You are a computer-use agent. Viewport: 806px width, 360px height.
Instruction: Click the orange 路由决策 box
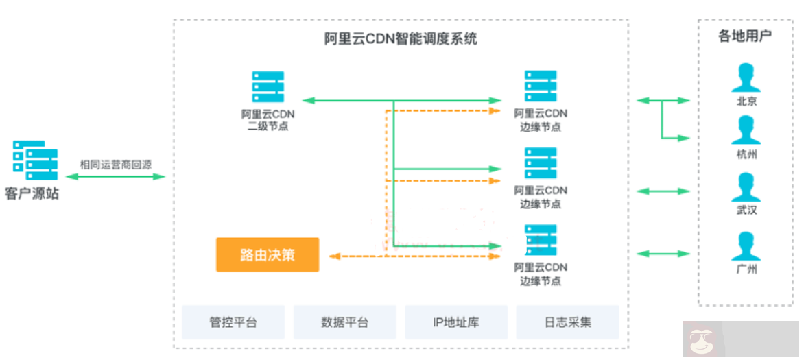click(x=268, y=254)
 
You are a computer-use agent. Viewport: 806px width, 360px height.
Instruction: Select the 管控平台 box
click(x=233, y=322)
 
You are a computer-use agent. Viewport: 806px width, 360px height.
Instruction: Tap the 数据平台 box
click(x=344, y=322)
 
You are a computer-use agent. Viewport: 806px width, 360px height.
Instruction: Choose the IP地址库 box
click(x=456, y=322)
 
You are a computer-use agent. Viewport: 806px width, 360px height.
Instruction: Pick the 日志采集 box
click(x=567, y=322)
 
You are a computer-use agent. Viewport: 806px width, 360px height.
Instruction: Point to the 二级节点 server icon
click(x=268, y=87)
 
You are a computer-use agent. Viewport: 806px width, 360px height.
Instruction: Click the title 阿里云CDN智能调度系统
click(x=401, y=39)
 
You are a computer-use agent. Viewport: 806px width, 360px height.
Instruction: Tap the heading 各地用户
click(x=745, y=36)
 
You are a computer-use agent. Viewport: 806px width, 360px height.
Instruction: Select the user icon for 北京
click(x=746, y=77)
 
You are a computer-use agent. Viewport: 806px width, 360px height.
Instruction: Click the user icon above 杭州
click(x=746, y=130)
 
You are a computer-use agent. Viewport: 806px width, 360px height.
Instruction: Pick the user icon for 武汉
click(x=746, y=187)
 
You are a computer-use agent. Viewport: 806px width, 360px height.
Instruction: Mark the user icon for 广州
click(x=746, y=245)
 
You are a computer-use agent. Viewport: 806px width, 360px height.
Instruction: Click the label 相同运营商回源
click(x=116, y=165)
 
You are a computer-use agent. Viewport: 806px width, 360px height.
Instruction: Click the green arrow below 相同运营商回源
click(x=116, y=177)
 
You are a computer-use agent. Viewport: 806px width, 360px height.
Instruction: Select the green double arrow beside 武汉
click(x=663, y=191)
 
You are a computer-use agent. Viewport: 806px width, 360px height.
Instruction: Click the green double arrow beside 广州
click(x=663, y=254)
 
